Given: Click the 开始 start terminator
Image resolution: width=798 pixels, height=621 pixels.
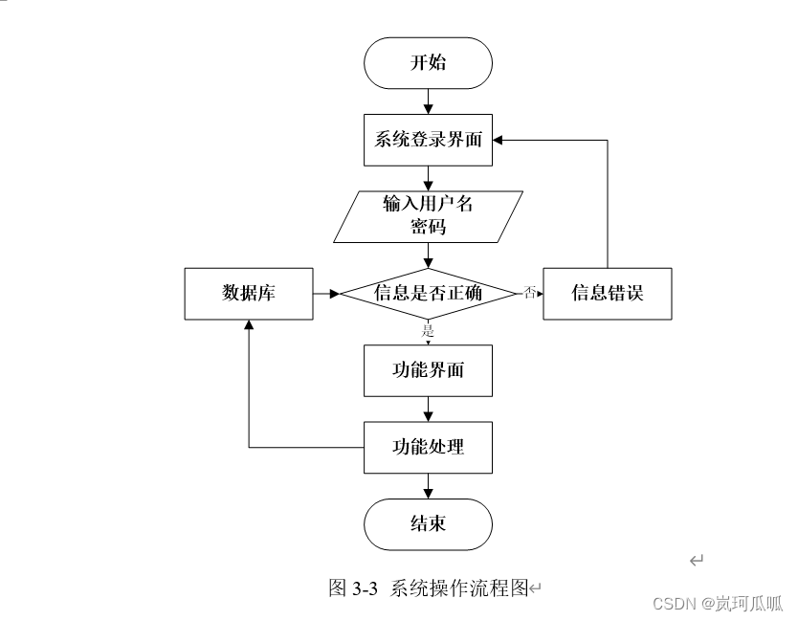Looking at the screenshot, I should (x=428, y=63).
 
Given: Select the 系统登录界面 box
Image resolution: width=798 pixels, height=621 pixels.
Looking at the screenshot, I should (x=428, y=140).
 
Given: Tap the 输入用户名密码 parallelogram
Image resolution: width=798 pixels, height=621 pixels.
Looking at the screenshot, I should (x=428, y=215).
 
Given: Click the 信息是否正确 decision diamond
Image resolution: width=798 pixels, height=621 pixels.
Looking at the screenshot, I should (x=428, y=293).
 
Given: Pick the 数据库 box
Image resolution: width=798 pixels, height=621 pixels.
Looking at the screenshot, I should (x=249, y=293).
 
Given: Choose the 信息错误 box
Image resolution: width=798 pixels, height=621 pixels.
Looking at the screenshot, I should (x=608, y=293).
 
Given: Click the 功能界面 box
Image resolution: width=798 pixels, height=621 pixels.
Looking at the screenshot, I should (x=428, y=369).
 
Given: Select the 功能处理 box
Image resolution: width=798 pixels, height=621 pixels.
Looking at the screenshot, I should (x=428, y=446).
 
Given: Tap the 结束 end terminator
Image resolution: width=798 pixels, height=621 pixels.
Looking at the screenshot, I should (x=428, y=523).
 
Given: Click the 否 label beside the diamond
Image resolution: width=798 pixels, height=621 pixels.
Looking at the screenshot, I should (x=529, y=292).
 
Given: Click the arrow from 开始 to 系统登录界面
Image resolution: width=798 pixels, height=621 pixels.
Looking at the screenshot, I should (x=428, y=100).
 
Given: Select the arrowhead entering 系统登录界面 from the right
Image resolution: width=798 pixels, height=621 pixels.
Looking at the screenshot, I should (x=500, y=140).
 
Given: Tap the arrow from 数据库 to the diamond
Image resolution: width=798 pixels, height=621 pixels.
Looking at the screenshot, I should (x=326, y=293).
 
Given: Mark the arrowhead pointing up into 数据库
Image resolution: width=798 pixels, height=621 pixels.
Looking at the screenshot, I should (x=249, y=325).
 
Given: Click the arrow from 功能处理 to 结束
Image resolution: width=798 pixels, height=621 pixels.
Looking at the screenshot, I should (x=428, y=485).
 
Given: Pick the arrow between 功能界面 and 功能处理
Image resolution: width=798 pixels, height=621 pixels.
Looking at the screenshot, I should (x=428, y=408).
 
